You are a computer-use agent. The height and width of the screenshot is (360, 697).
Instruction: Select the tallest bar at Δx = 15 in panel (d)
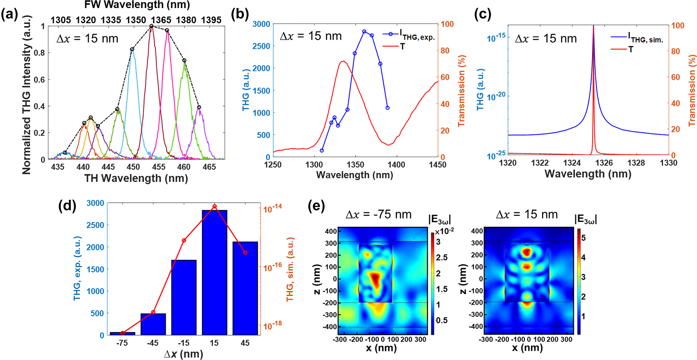pyautogui.click(x=214, y=272)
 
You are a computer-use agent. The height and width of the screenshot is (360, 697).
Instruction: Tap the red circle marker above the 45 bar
pyautogui.click(x=245, y=252)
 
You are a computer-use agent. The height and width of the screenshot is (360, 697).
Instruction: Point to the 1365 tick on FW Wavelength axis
pyautogui.click(x=161, y=20)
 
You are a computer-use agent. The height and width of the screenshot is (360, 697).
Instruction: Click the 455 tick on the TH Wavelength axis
pyautogui.click(x=159, y=167)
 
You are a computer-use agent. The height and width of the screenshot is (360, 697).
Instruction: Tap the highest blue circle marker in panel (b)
pyautogui.click(x=364, y=31)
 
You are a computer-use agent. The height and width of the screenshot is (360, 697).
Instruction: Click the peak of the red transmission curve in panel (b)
pyautogui.click(x=344, y=61)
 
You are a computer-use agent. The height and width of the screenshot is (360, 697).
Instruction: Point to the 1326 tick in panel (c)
pyautogui.click(x=604, y=163)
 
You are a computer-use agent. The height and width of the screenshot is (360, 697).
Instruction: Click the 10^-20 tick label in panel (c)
pyautogui.click(x=496, y=96)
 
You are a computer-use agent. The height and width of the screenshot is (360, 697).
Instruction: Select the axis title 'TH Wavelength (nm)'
pyautogui.click(x=136, y=178)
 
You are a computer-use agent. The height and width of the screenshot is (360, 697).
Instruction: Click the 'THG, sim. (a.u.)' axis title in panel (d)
pyautogui.click(x=290, y=269)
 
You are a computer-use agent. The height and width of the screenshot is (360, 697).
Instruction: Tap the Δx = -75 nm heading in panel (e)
pyautogui.click(x=379, y=214)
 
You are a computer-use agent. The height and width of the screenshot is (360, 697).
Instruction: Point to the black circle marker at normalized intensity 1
pyautogui.click(x=152, y=26)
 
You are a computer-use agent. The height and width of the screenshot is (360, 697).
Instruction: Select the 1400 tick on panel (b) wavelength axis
pyautogui.click(x=396, y=164)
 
